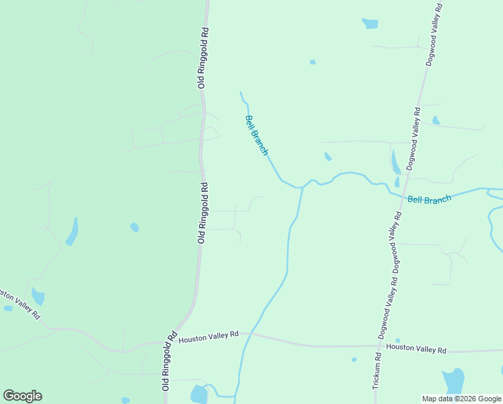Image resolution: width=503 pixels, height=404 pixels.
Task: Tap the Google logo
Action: coord(22,396)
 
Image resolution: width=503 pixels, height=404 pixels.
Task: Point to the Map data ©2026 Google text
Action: coord(462,399)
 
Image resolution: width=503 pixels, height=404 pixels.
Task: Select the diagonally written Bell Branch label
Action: coord(256,135)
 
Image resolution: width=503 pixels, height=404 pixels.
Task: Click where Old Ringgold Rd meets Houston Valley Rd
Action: coord(169,341)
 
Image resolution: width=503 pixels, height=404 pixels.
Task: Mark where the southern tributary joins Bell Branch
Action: coord(302,189)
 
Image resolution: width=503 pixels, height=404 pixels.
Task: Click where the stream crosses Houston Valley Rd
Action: coord(247,333)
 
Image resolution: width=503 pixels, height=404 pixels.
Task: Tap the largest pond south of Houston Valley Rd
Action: coord(454,381)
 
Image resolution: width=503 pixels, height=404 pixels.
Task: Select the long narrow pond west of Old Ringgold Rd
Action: coord(73,232)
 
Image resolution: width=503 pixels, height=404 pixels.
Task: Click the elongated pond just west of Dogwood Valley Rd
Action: coord(395,162)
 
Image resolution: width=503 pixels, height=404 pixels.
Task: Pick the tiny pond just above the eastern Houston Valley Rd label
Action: coord(397,341)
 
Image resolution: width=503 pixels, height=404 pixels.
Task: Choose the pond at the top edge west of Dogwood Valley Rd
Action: coord(370,24)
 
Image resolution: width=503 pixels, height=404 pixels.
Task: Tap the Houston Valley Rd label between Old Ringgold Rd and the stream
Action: coord(208,335)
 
